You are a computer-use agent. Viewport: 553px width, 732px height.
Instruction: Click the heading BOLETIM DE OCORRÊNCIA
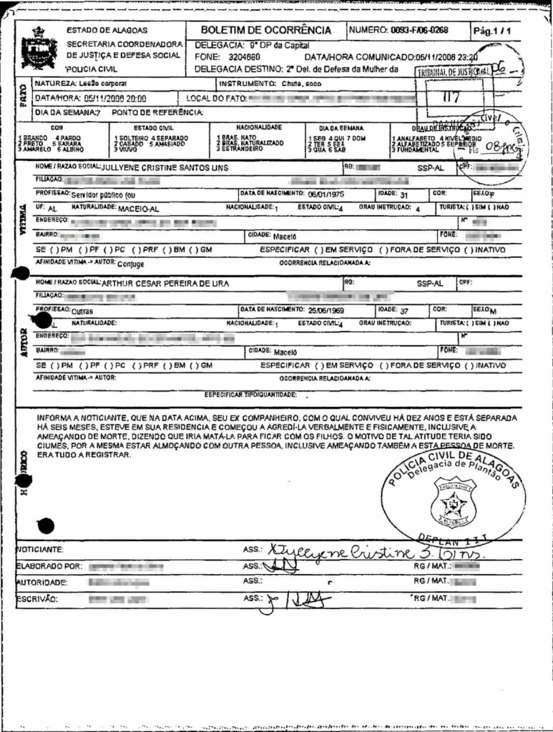[x=265, y=30]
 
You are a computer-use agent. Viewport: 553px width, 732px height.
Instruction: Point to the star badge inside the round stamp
[x=453, y=503]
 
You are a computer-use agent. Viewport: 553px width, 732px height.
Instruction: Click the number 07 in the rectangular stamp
[x=451, y=98]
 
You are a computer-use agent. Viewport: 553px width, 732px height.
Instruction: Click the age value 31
[x=403, y=194]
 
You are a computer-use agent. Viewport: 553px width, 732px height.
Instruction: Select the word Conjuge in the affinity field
[x=130, y=263]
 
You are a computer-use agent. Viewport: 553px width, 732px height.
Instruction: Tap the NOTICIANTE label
[x=39, y=550]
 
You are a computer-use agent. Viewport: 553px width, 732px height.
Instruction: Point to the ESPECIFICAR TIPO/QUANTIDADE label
[x=250, y=394]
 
